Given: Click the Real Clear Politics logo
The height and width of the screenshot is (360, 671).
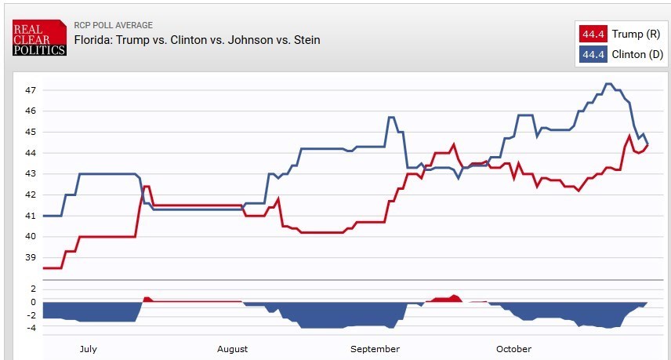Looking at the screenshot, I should tap(38, 37).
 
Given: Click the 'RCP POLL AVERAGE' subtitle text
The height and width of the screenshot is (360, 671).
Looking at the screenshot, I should tap(113, 26).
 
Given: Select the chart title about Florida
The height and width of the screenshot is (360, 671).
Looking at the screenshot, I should tap(197, 40).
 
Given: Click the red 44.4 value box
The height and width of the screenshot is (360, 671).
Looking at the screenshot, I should tap(592, 35).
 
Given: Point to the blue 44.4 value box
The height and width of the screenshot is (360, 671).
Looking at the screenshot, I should tap(592, 54).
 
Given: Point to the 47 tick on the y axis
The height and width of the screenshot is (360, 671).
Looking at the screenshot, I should tap(31, 90).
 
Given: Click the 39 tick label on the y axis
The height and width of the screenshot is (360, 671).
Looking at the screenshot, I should tap(31, 257).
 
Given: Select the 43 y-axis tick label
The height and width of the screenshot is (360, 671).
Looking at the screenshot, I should tap(31, 173).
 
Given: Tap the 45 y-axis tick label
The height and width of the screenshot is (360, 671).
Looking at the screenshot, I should tap(31, 132).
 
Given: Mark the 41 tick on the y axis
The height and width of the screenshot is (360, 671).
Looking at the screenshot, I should tap(31, 216).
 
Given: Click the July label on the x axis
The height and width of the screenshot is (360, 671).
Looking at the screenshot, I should tap(88, 349).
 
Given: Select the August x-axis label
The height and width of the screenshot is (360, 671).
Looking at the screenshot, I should tap(233, 349).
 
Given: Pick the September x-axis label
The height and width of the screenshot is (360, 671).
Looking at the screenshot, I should tap(375, 349).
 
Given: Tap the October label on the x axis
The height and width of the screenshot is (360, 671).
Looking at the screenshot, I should tap(513, 349).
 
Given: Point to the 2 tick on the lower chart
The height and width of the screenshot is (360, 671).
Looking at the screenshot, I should tap(33, 289).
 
